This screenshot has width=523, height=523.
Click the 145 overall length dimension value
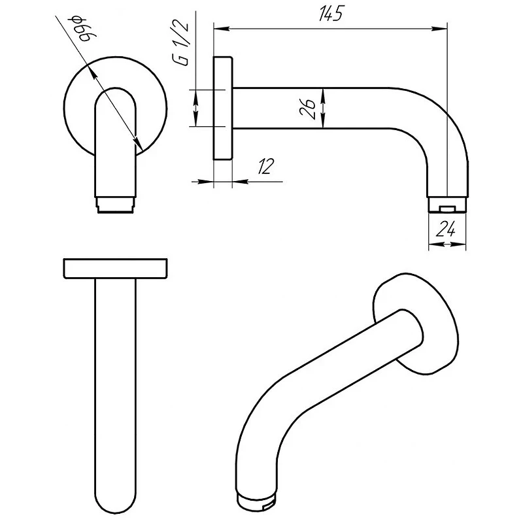[x=331, y=14]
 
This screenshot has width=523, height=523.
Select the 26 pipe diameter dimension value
[x=307, y=108]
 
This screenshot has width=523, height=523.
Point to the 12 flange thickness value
[x=266, y=166]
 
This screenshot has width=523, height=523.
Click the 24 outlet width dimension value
[x=446, y=229]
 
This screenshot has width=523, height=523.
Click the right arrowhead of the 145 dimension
[x=439, y=29]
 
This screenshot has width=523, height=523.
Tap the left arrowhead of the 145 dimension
[x=222, y=29]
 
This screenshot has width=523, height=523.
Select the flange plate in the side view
[x=222, y=109]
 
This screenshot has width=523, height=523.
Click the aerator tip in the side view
[x=447, y=205]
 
